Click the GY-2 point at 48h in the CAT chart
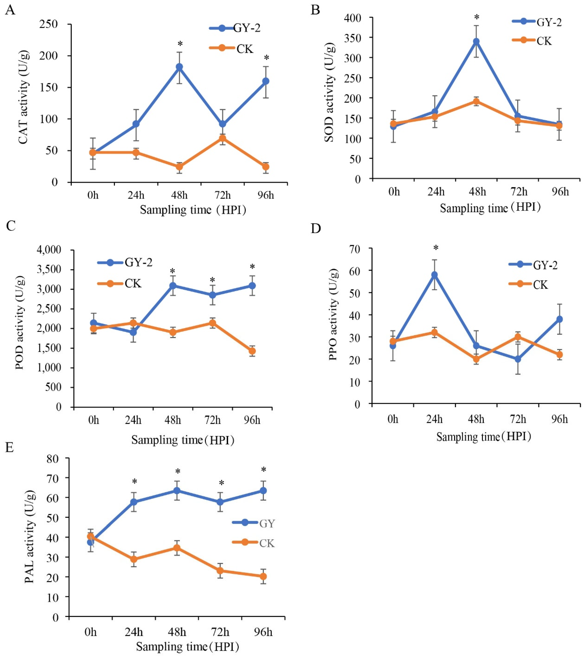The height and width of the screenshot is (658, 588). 179,67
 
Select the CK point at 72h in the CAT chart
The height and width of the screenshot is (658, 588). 222,139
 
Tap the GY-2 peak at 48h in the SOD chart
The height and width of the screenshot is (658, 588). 476,41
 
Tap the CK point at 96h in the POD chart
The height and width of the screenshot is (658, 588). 252,351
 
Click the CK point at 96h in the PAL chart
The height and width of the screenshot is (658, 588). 263,576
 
